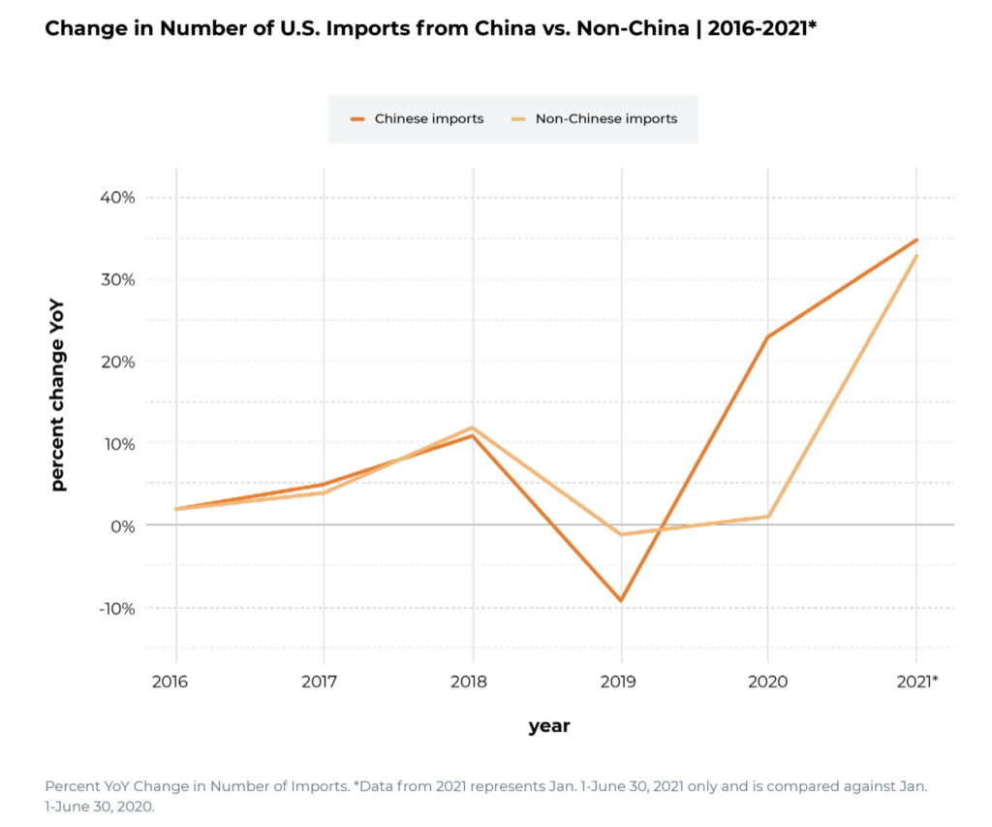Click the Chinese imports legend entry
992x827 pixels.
[x=418, y=119]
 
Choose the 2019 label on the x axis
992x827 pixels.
[x=619, y=682]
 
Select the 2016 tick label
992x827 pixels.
[x=171, y=682]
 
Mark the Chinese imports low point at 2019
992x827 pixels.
[x=621, y=600]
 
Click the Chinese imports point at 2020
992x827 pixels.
[x=768, y=337]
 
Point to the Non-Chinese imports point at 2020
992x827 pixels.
[x=768, y=517]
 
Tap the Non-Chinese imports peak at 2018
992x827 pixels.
[x=473, y=428]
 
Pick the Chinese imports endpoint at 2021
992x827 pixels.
[x=916, y=239]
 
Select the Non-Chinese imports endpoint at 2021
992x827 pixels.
[x=916, y=256]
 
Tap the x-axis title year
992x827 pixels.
[x=548, y=726]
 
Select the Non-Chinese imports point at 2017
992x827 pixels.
[x=324, y=493]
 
